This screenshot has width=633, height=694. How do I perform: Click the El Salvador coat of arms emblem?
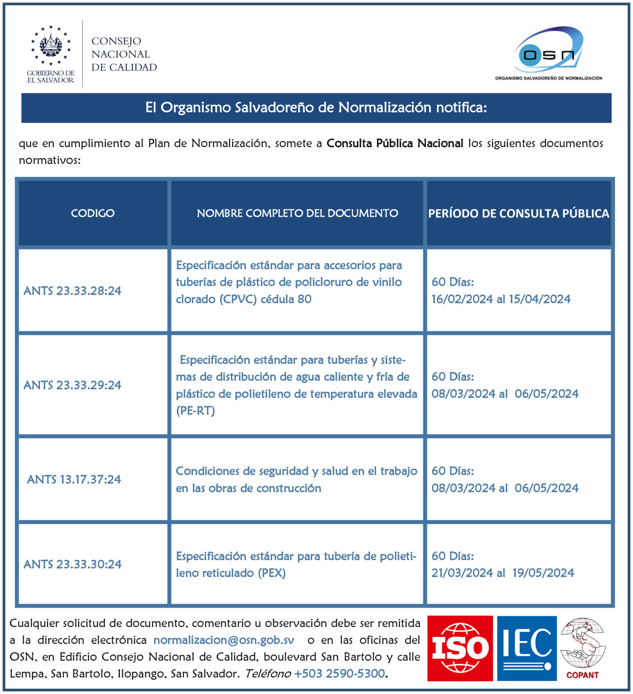tap(51, 46)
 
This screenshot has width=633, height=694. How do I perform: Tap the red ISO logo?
tap(460, 648)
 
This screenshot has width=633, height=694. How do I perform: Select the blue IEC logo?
tap(527, 648)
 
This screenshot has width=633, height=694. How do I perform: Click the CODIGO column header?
tap(93, 213)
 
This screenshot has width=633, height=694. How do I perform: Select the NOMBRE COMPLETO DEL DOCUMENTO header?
tap(297, 213)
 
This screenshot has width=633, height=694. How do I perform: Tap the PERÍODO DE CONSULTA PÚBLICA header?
tap(519, 213)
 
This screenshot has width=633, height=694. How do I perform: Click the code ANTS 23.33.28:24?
tap(72, 291)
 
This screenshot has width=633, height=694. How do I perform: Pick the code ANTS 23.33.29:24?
tap(72, 385)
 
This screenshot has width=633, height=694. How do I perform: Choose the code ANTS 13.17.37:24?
tap(74, 479)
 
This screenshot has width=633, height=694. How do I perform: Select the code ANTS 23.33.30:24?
tap(72, 564)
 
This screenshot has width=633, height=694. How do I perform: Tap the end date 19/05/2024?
tap(543, 573)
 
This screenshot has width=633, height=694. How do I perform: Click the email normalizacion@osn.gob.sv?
tap(224, 640)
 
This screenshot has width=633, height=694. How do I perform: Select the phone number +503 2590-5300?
tap(339, 674)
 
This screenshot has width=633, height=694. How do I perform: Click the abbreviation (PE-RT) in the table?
tap(195, 411)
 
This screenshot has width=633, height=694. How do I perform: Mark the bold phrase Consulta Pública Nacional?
tap(395, 143)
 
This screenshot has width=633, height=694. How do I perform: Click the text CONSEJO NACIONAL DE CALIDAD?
tap(124, 54)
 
